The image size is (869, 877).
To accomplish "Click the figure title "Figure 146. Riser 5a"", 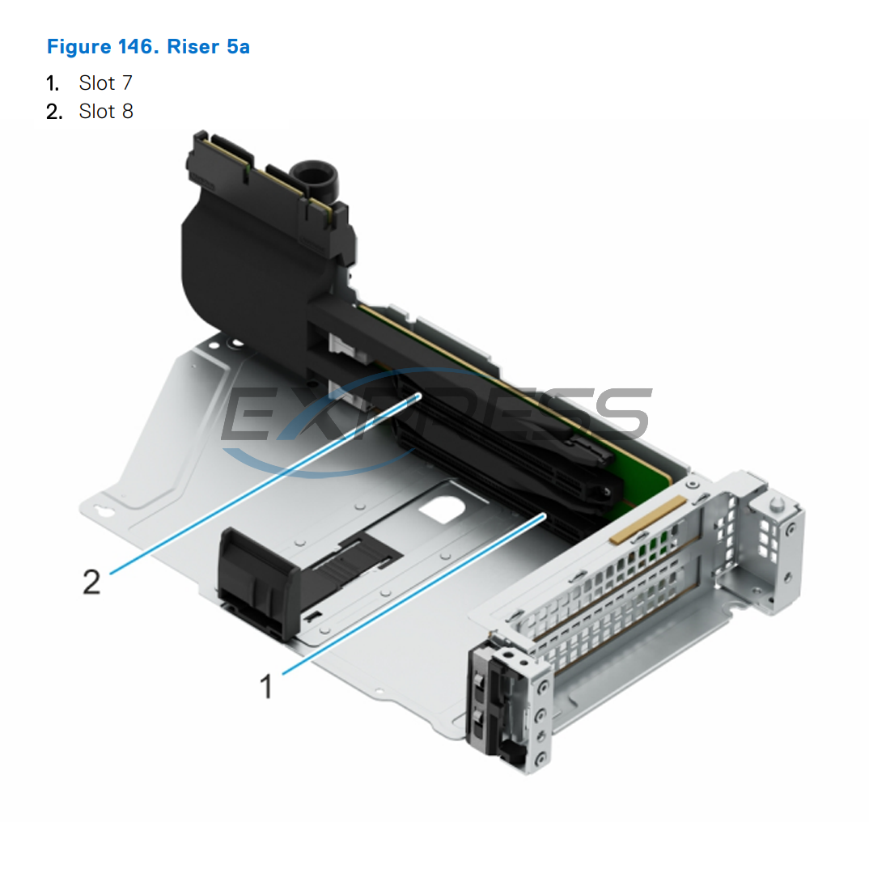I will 148,47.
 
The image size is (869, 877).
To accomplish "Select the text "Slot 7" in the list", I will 105,83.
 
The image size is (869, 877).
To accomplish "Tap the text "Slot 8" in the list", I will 106,111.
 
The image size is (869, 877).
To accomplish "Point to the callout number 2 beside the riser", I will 92,581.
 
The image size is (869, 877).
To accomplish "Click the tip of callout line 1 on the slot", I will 545,514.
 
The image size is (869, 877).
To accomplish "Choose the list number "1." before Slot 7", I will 53,83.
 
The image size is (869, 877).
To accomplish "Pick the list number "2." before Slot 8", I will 54,111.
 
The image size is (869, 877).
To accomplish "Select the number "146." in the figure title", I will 139,47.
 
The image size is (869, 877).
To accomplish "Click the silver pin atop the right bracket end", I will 775,504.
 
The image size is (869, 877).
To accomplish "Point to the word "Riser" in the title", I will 193,47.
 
